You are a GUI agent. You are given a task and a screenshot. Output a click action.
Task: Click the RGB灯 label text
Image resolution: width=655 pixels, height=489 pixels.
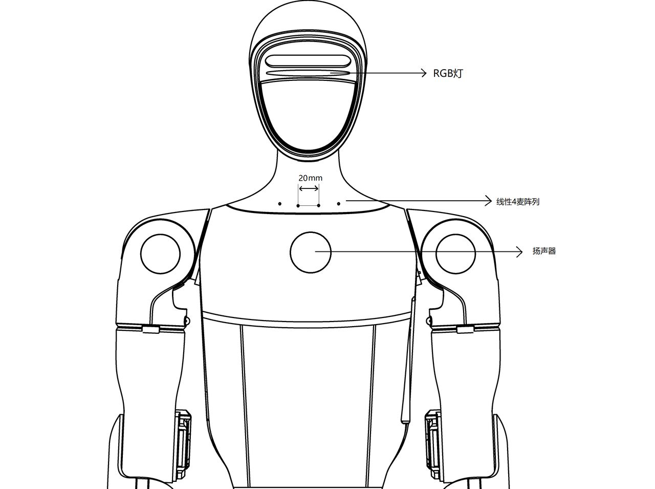tap(448, 73)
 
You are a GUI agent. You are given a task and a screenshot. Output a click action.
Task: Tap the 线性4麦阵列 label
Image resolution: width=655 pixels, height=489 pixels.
tap(518, 202)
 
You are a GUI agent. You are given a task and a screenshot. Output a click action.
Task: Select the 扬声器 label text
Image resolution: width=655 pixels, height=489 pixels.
tap(544, 251)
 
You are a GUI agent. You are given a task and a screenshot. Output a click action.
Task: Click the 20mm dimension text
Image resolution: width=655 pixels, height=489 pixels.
tap(310, 178)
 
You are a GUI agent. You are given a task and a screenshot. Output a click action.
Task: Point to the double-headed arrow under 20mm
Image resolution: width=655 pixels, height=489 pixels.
tap(309, 188)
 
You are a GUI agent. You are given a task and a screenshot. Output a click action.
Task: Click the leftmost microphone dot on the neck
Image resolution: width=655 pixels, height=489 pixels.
tap(279, 204)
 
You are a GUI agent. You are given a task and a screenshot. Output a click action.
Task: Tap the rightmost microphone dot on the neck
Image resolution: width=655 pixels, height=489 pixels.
tap(338, 204)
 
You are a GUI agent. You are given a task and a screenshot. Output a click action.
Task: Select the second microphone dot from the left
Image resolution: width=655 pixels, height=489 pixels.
tap(298, 206)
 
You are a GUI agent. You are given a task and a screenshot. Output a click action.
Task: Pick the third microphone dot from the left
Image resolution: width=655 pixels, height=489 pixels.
tap(319, 206)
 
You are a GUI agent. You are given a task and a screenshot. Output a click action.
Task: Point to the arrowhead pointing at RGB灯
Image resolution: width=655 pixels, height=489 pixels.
tap(424, 73)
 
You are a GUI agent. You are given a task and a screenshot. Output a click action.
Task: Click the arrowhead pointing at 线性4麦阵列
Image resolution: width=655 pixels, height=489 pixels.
tap(489, 201)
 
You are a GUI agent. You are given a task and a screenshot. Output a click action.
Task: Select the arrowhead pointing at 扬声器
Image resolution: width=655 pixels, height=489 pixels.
tap(519, 252)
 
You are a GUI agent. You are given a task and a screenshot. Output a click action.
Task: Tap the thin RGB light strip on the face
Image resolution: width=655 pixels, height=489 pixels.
tap(308, 73)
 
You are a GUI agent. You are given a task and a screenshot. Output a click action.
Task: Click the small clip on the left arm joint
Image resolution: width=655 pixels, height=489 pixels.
tap(150, 330)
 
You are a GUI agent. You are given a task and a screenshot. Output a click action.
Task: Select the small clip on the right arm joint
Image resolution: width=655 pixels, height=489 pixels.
tap(465, 330)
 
